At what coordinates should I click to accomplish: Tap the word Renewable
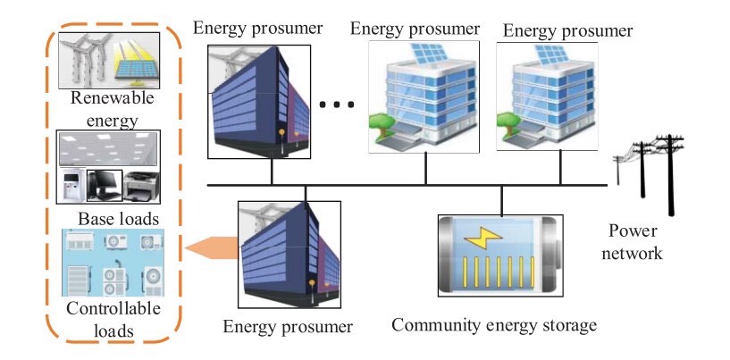pyautogui.click(x=107, y=98)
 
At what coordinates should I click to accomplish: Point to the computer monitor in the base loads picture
pyautogui.click(x=105, y=184)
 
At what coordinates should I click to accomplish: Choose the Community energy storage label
pyautogui.click(x=493, y=325)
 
